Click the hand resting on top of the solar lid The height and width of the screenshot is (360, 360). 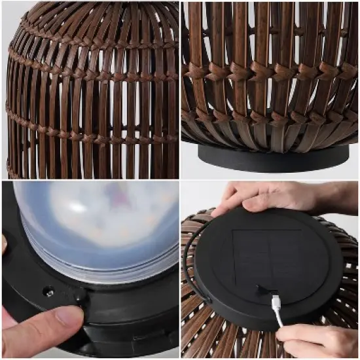(262, 196)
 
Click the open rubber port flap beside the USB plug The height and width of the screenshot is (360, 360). (261, 289)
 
